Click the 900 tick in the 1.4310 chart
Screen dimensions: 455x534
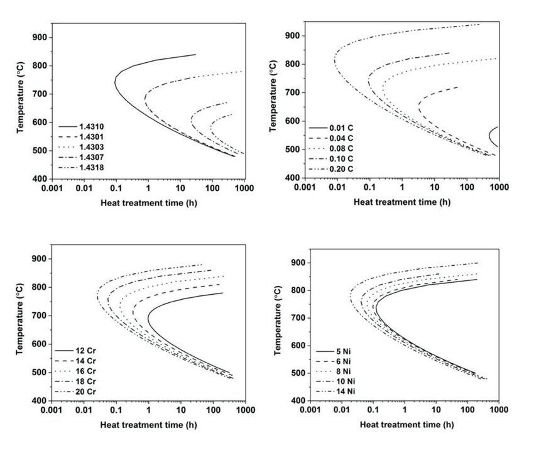click(x=40, y=37)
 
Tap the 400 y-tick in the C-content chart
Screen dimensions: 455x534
click(x=291, y=178)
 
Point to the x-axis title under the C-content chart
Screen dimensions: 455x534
click(x=402, y=202)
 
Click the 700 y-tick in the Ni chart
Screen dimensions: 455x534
click(x=297, y=318)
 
